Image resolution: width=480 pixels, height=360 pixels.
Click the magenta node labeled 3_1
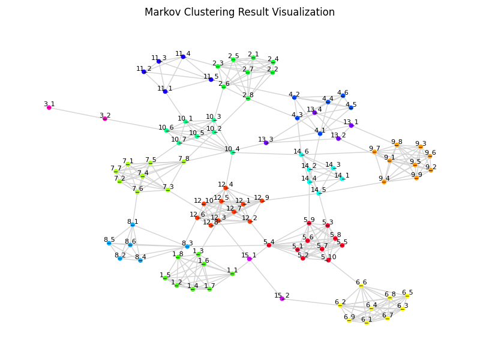coord(49,107)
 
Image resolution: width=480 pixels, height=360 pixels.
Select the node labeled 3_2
coord(105,119)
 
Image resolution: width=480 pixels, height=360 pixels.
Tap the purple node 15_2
coord(282,299)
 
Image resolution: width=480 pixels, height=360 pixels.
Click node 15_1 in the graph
coord(249,259)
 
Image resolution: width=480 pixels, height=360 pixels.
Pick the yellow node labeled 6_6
coord(361,286)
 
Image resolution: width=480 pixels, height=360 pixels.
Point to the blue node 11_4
coord(183,57)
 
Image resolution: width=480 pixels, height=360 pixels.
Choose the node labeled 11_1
coord(165,92)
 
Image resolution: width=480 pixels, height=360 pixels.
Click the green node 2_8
coord(248,98)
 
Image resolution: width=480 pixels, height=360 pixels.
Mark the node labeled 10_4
coord(232,152)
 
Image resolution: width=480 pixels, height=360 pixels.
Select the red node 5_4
coord(269,245)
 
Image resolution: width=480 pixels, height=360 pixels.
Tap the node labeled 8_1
coord(133,225)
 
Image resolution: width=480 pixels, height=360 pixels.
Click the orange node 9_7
coord(374,152)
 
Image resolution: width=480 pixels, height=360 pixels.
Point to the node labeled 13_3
coord(266,143)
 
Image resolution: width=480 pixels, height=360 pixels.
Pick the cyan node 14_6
coord(301,155)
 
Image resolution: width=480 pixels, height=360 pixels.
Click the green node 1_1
coord(232,274)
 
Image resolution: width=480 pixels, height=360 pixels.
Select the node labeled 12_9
coord(262,201)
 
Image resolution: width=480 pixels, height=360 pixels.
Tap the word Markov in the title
coord(163,12)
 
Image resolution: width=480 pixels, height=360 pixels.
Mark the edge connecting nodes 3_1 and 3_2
coord(77,113)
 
